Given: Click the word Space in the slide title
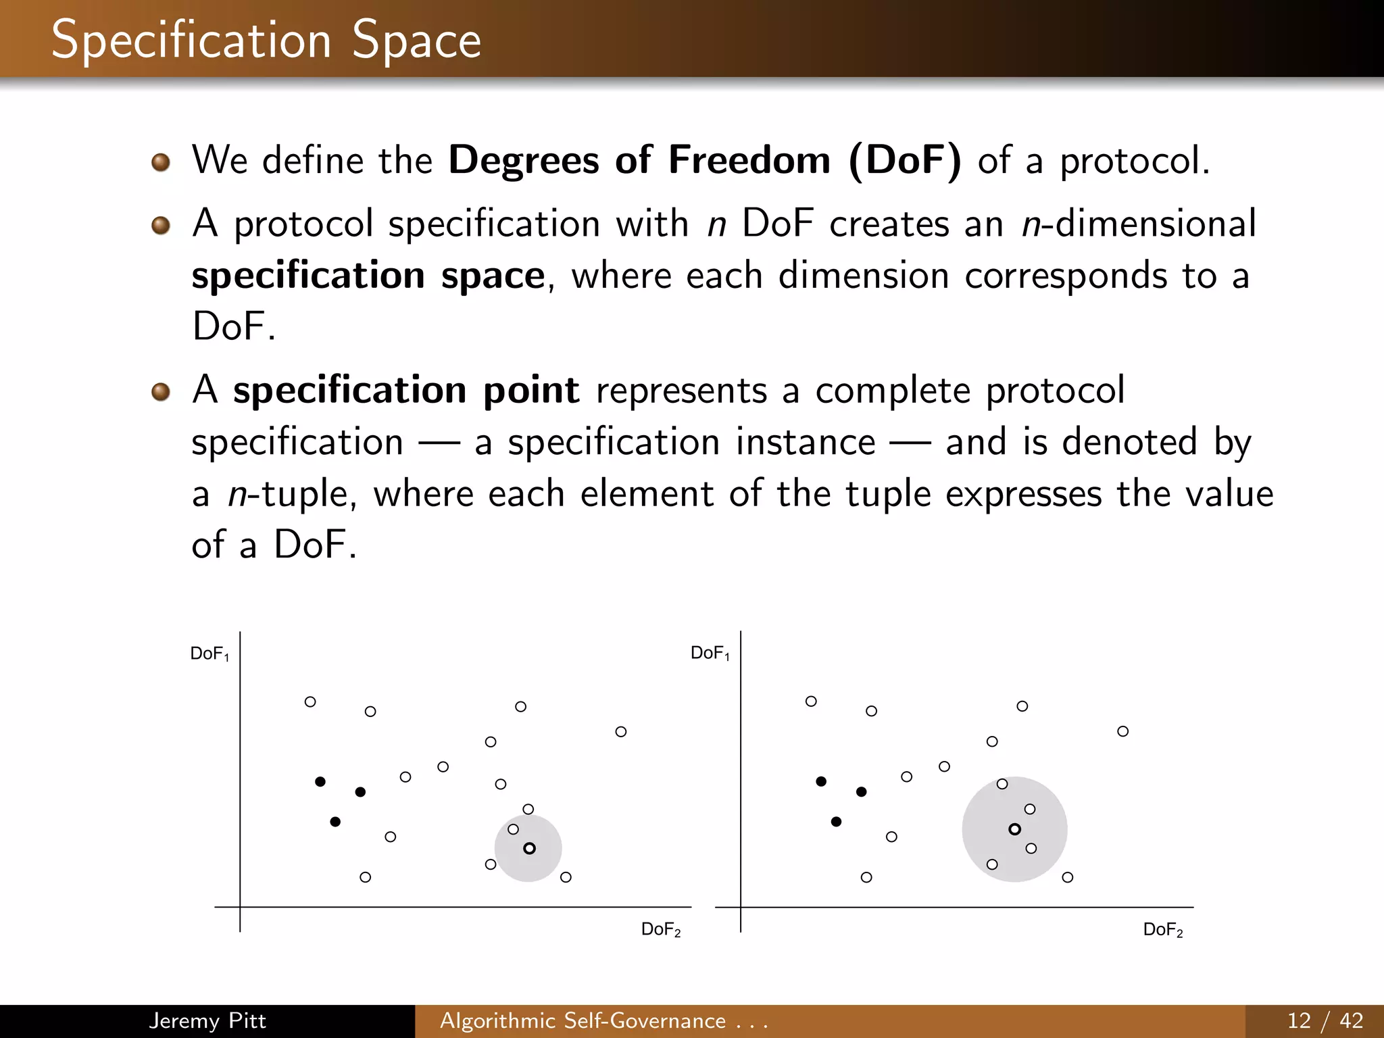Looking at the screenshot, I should click(416, 41).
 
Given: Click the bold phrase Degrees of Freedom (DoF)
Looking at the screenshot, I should click(704, 161).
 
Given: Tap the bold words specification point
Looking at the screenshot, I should click(406, 391).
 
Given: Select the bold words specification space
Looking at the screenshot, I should click(368, 276).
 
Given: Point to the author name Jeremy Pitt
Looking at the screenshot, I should click(207, 1020).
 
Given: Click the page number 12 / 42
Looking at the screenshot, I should click(1325, 1020).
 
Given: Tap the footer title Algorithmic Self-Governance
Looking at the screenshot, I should click(583, 1020).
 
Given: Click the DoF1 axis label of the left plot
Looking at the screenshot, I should click(209, 654).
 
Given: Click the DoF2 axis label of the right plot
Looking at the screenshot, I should click(1163, 930).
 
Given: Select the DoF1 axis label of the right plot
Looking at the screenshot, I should click(710, 653).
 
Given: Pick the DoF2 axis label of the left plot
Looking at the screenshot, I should click(661, 930).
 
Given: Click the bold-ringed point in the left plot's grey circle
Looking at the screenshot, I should click(529, 848).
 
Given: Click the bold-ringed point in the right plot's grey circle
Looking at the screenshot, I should click(1014, 829).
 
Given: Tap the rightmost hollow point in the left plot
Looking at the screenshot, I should click(621, 732).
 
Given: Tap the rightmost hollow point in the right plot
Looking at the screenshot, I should click(1122, 731).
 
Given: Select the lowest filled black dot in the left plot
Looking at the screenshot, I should click(335, 822).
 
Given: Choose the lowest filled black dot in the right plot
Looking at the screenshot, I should click(836, 822).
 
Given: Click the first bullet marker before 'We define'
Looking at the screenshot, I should click(160, 162).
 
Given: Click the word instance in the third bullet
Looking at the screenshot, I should click(806, 443).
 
